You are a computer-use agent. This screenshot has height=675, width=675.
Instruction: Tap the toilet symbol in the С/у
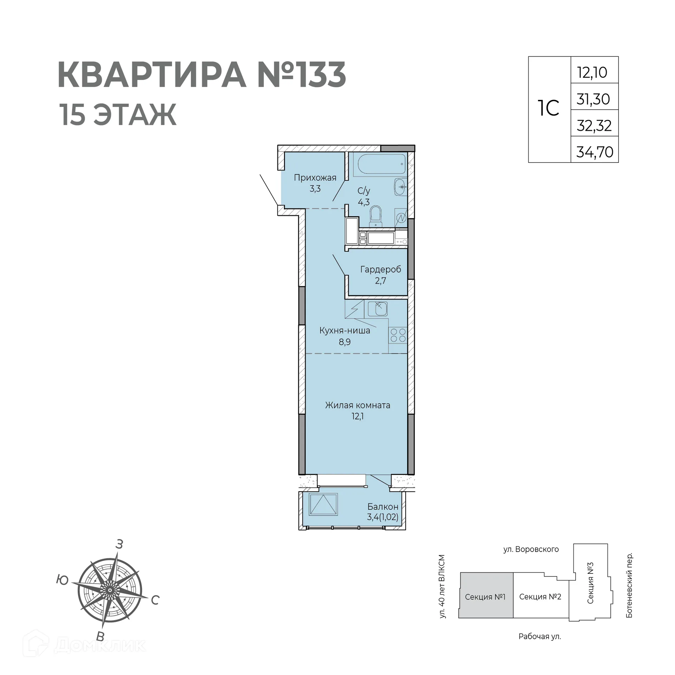pos(376,215)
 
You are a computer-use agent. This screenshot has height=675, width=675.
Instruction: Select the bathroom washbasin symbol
pos(400,187)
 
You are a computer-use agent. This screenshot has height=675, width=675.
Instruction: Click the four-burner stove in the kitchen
pos(398,335)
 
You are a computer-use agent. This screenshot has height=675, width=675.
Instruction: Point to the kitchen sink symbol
pos(378,309)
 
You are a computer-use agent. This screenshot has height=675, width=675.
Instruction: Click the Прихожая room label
pos(315,178)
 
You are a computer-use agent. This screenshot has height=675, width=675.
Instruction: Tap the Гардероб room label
pos(380,270)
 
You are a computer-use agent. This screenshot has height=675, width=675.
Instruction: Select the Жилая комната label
pos(357,405)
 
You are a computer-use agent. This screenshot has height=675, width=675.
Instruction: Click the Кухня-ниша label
pos(345,330)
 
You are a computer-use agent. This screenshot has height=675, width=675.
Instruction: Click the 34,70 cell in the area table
pos(594,152)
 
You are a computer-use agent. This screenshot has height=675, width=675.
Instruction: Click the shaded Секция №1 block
pos(485,597)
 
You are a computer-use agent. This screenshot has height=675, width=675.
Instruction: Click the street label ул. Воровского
pos(531,549)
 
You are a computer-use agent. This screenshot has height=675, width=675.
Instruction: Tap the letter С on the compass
pos(155,600)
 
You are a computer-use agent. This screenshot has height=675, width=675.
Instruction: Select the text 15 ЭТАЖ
pos(118,114)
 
